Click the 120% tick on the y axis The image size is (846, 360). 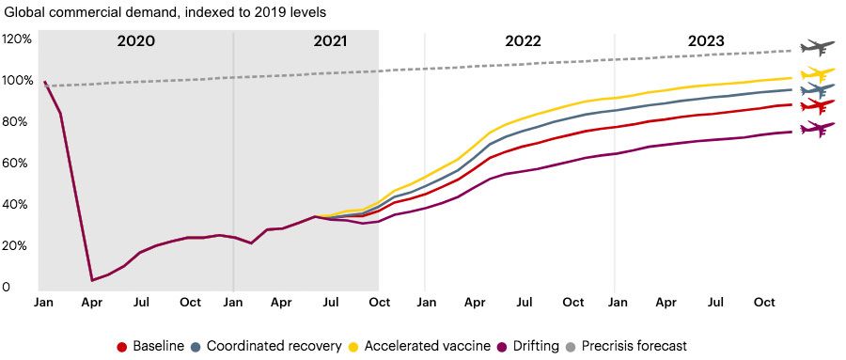[x=19, y=39]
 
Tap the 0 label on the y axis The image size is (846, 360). [x=8, y=287]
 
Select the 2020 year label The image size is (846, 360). [x=136, y=41]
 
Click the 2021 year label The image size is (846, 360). [x=329, y=41]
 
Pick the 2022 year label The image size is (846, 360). [x=523, y=41]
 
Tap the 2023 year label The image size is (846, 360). [x=705, y=41]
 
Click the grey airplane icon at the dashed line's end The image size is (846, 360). [x=816, y=48]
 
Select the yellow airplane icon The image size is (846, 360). [x=816, y=74]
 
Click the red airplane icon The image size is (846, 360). [x=816, y=106]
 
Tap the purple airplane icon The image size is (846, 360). [x=816, y=130]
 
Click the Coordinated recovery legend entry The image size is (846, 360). [x=267, y=346]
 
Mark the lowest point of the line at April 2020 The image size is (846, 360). [x=91, y=280]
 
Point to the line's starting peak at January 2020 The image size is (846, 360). [x=45, y=82]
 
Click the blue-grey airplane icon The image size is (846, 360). [x=816, y=91]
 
